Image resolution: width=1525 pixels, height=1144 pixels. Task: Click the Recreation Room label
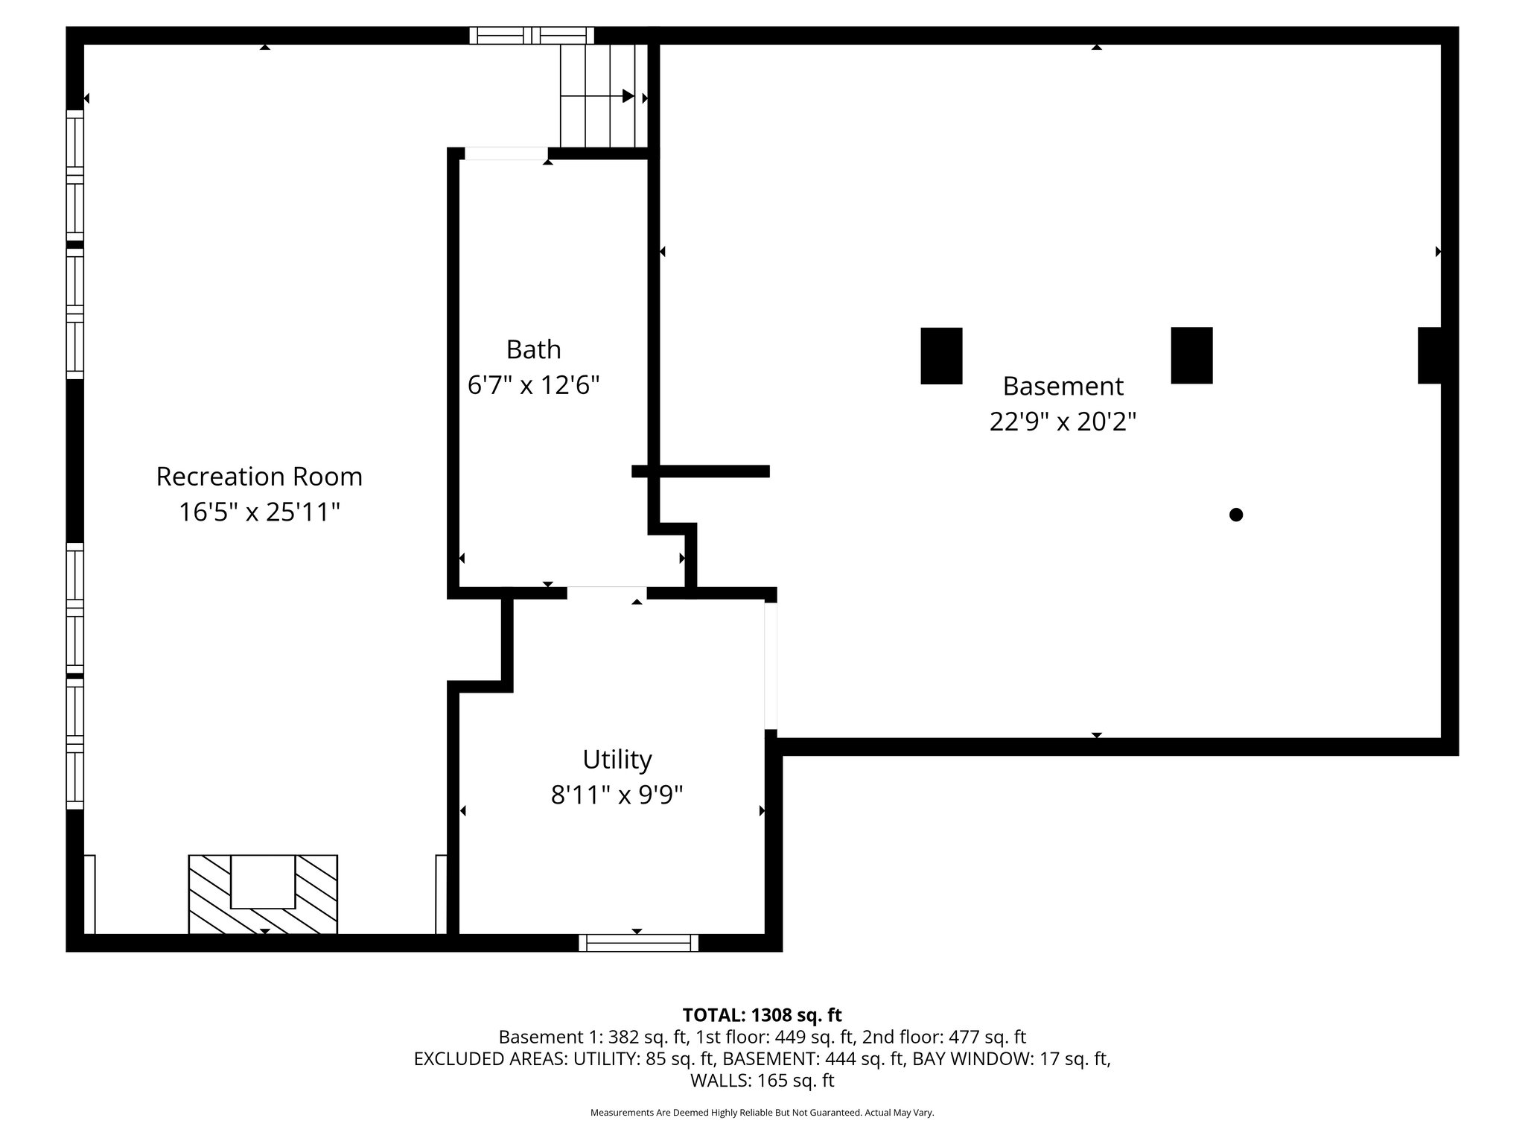pyautogui.click(x=259, y=477)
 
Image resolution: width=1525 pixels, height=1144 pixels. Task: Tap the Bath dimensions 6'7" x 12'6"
pyautogui.click(x=533, y=385)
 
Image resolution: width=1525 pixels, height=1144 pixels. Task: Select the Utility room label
pyautogui.click(x=617, y=760)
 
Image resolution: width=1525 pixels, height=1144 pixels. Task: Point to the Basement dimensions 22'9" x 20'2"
pyautogui.click(x=1063, y=422)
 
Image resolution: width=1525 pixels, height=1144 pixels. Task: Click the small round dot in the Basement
pyautogui.click(x=1236, y=515)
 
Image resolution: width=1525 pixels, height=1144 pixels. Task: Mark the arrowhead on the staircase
pyautogui.click(x=628, y=96)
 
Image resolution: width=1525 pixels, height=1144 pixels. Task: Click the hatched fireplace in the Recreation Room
pyautogui.click(x=263, y=894)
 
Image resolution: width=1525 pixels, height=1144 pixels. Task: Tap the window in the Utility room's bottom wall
pyautogui.click(x=638, y=943)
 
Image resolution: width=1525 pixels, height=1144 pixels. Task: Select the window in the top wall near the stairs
pyautogui.click(x=532, y=35)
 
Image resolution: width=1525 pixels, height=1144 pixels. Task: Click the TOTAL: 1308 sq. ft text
pyautogui.click(x=762, y=1015)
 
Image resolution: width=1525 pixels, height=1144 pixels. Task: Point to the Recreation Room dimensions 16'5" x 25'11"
pyautogui.click(x=259, y=512)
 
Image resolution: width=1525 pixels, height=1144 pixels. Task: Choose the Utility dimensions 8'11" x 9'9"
pyautogui.click(x=617, y=795)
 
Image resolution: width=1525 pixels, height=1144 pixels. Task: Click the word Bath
pyautogui.click(x=533, y=349)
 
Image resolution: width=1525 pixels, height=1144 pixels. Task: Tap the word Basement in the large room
pyautogui.click(x=1063, y=386)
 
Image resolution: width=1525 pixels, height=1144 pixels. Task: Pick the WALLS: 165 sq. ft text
pyautogui.click(x=762, y=1081)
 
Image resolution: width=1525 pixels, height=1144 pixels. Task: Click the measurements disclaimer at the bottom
pyautogui.click(x=762, y=1113)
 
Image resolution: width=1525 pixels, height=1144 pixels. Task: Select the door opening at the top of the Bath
pyautogui.click(x=506, y=153)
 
